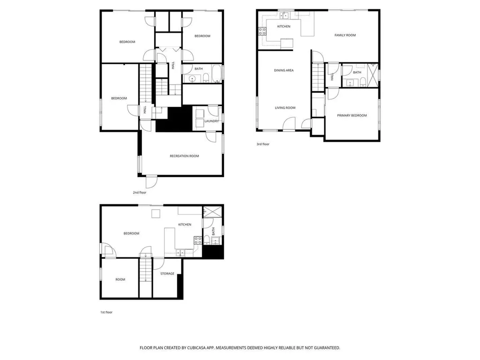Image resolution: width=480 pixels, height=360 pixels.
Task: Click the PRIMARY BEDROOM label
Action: [352, 115]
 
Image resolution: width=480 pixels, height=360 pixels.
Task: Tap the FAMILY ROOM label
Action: [345, 35]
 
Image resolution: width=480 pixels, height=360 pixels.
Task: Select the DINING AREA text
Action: [284, 70]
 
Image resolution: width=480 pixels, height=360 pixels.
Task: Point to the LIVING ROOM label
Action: [285, 108]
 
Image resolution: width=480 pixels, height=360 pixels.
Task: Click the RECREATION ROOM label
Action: [184, 156]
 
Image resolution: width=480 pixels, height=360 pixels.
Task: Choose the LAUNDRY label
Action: [212, 121]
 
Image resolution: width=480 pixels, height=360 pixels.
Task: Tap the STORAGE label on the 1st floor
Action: [167, 274]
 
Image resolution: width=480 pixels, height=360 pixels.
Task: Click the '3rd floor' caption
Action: [263, 144]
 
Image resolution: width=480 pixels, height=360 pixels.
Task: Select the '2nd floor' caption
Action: [140, 193]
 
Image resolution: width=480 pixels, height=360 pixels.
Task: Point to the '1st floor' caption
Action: [106, 312]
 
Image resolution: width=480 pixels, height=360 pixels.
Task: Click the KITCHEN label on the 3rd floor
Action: [284, 27]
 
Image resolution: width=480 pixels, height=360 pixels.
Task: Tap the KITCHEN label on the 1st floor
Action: [185, 225]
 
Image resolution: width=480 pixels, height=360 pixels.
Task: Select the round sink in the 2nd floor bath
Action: [192, 79]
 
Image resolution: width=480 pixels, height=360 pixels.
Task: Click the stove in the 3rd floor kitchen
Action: [262, 32]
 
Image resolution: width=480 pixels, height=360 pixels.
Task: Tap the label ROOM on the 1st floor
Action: [120, 280]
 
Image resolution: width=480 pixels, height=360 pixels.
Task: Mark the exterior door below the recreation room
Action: [151, 181]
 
